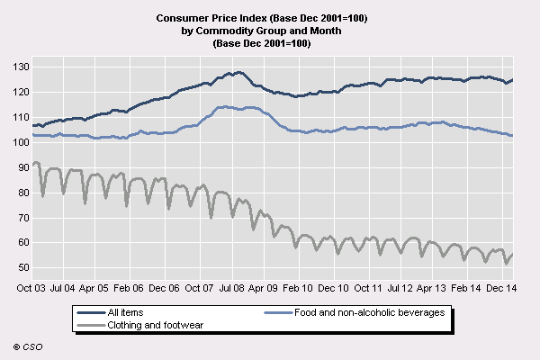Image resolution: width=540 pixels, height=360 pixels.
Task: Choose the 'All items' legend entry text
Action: pos(125,312)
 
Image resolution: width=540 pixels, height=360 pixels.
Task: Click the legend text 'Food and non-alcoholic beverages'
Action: pos(368,312)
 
